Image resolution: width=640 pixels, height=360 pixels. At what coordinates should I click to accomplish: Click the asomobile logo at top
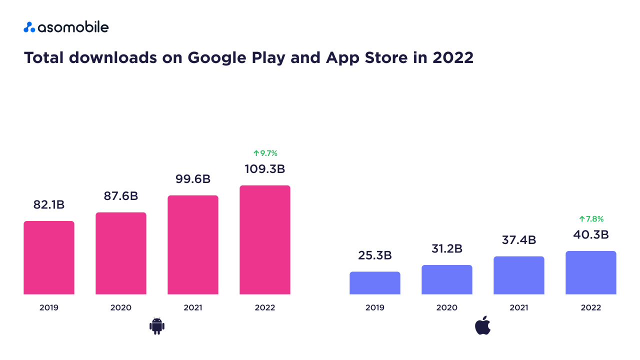coord(66,27)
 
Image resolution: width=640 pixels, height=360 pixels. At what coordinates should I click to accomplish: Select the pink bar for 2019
coord(49,257)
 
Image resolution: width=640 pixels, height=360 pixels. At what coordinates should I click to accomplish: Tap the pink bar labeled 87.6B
coord(121,253)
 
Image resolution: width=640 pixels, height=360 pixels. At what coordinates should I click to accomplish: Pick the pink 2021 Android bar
coord(193,244)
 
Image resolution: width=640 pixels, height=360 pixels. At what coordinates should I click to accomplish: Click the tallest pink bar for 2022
coord(265,239)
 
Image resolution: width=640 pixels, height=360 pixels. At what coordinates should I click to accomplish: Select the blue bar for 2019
coord(375,283)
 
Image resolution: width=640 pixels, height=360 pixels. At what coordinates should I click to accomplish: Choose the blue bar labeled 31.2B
coord(447,279)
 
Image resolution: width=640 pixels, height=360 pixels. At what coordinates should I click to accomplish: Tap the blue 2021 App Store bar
coord(519,275)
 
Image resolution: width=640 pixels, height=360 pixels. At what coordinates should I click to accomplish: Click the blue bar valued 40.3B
coord(591,272)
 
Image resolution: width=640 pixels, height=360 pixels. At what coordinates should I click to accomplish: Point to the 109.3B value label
coord(265,169)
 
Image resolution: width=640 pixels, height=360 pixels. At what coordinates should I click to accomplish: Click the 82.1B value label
coord(49,204)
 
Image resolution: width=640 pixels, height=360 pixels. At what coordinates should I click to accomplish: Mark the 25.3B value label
coord(375,255)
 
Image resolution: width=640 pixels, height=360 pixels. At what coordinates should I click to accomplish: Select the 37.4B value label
coord(519,240)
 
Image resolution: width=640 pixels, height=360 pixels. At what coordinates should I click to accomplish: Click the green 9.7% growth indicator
coord(265,153)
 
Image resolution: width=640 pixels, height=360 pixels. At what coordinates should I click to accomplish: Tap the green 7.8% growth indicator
coord(591,219)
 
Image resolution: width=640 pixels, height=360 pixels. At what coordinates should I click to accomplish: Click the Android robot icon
coord(157,326)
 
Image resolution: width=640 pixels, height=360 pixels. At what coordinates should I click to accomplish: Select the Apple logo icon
coord(483,326)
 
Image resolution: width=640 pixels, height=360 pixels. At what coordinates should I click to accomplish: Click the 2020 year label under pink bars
coord(121,307)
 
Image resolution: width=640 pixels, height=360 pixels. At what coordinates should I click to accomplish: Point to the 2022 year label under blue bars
coord(591,307)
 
